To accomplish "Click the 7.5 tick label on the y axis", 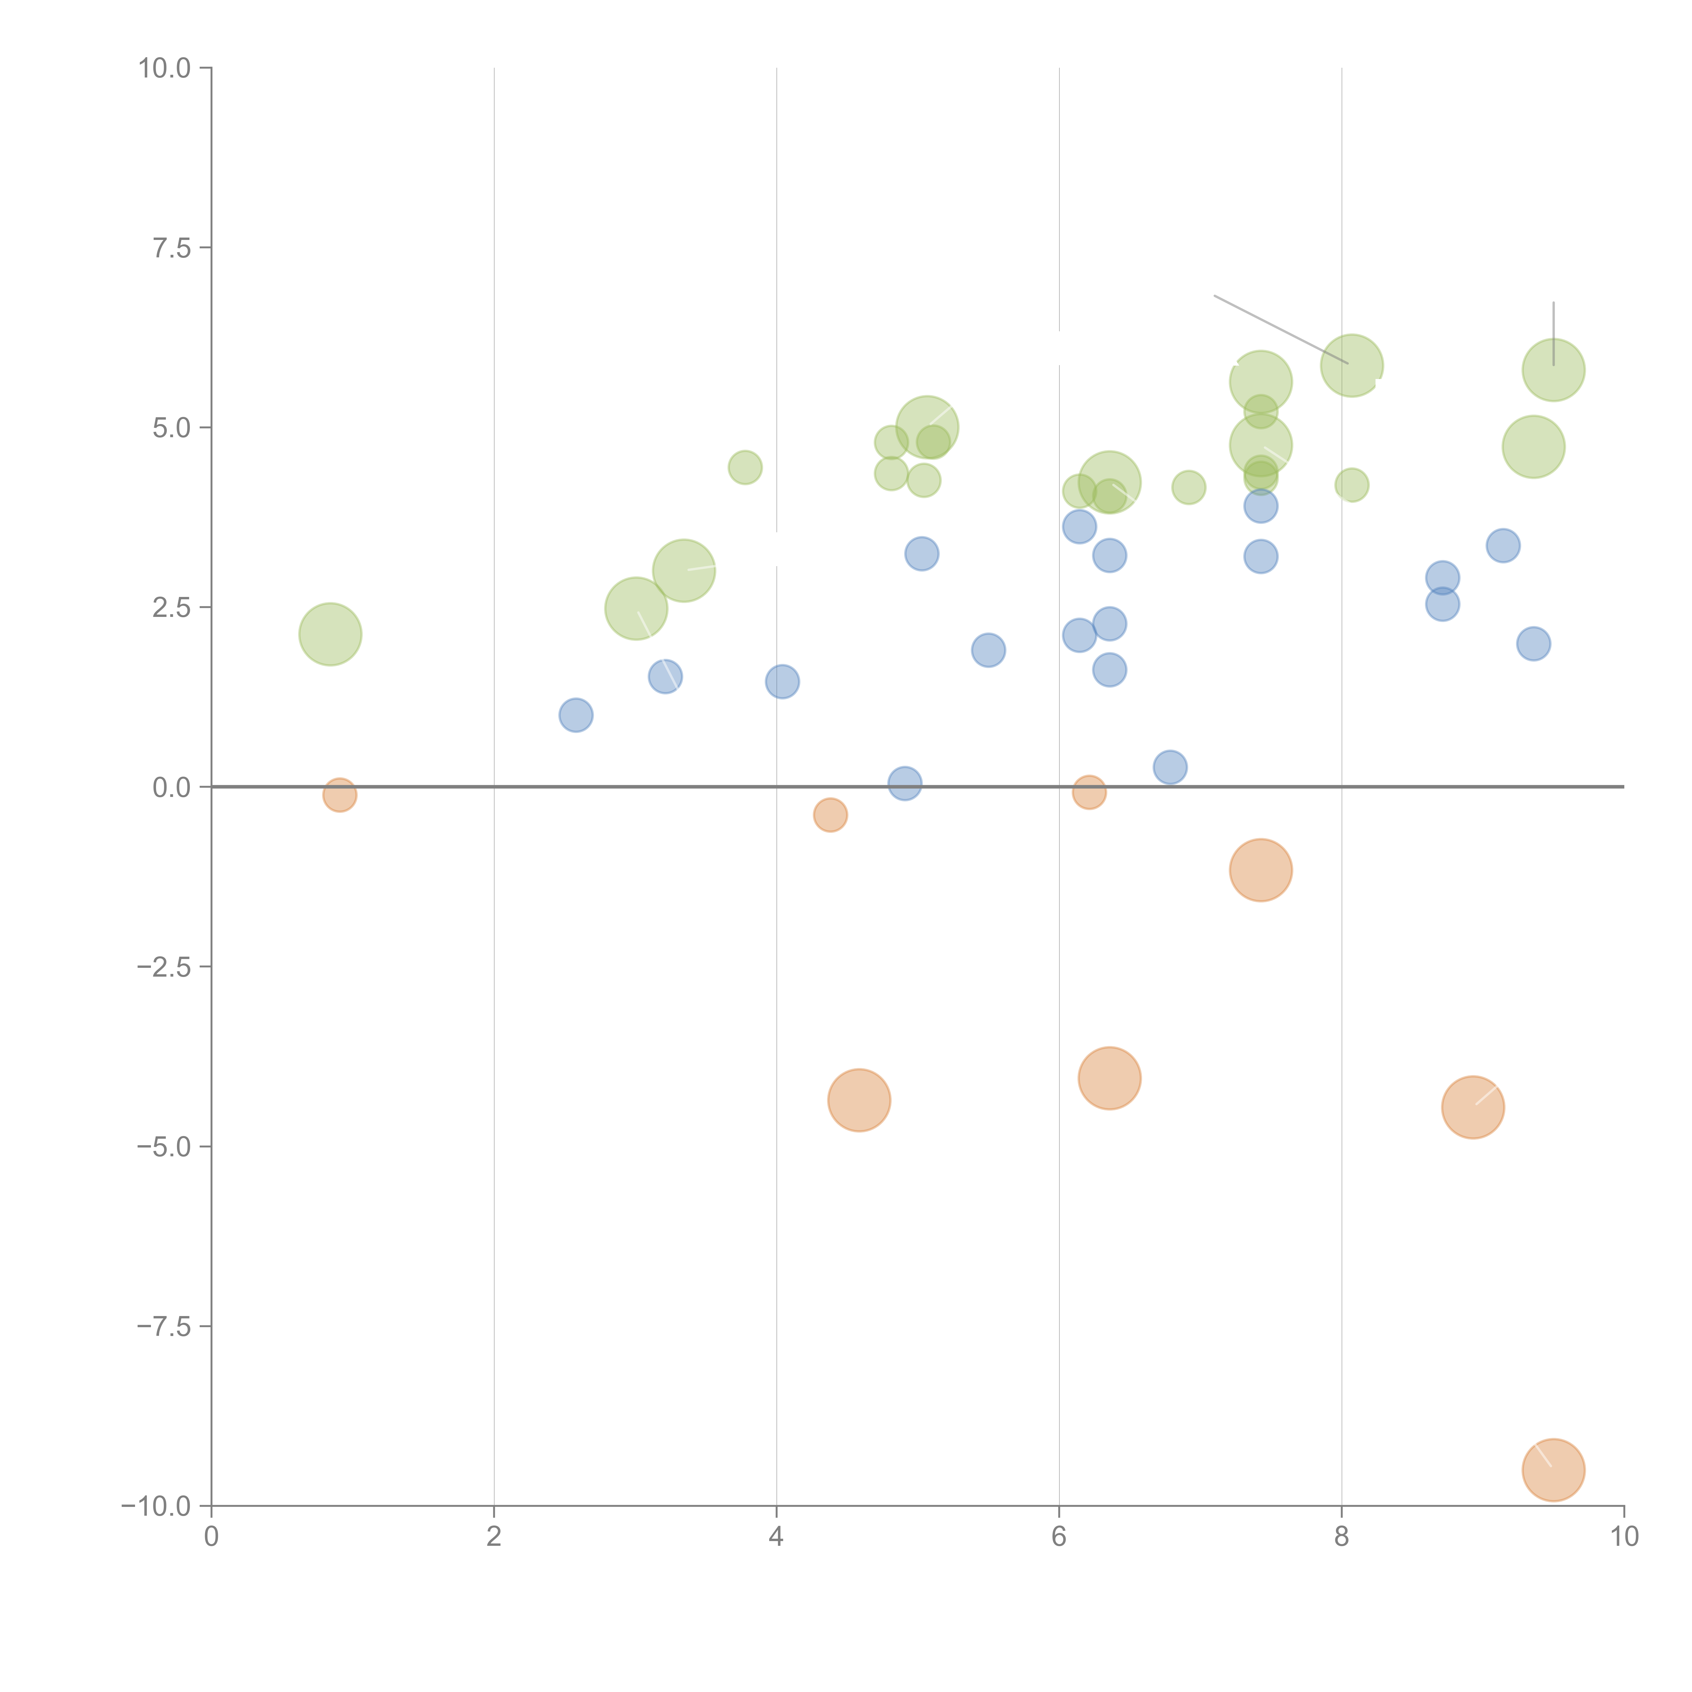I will coord(172,248).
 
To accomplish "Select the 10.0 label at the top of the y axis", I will coord(165,68).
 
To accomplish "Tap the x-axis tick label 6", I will coord(1059,1537).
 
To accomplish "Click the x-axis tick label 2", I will coord(494,1537).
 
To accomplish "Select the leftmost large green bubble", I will coord(330,634).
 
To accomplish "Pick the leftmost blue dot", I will coord(575,715).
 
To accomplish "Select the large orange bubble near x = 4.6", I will coord(859,1100).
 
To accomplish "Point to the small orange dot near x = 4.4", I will coord(830,815).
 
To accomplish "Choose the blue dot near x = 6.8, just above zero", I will coord(1170,767).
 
